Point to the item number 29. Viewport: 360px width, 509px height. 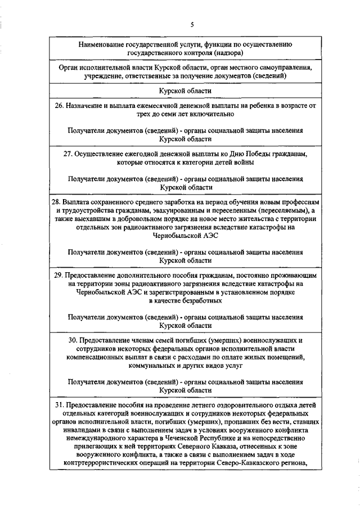(58, 276)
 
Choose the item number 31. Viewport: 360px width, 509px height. (58, 405)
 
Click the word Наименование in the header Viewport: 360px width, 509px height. (105, 43)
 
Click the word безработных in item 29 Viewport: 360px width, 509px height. (200, 301)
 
